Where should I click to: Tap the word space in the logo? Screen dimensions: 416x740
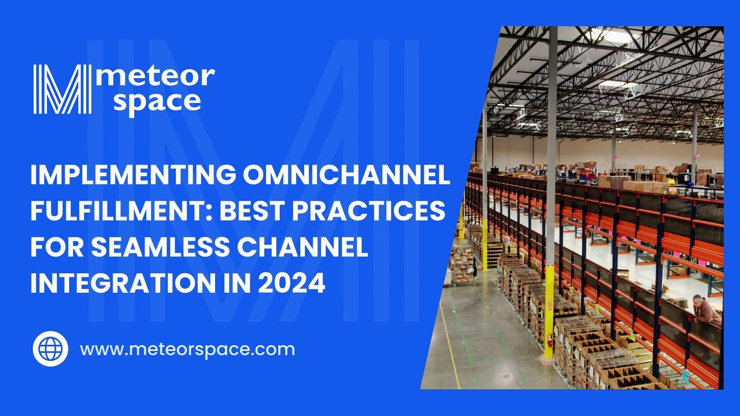click(x=157, y=101)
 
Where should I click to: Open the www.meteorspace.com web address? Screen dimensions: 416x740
click(x=187, y=350)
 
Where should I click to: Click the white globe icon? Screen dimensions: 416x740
click(x=50, y=349)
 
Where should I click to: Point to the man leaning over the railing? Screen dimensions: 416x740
click(x=706, y=310)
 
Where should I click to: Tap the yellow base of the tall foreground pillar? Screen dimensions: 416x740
click(x=549, y=312)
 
